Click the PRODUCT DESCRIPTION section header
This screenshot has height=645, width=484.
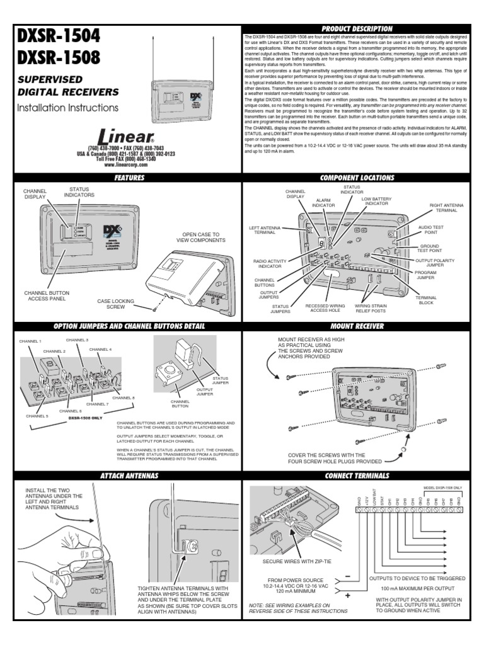click(357, 29)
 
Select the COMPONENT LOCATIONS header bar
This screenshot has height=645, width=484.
click(357, 178)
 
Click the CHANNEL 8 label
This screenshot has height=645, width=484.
click(124, 398)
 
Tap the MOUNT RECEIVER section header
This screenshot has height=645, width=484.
click(357, 326)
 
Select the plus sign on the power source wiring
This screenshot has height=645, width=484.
click(347, 594)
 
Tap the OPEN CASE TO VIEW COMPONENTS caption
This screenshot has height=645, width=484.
click(200, 237)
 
